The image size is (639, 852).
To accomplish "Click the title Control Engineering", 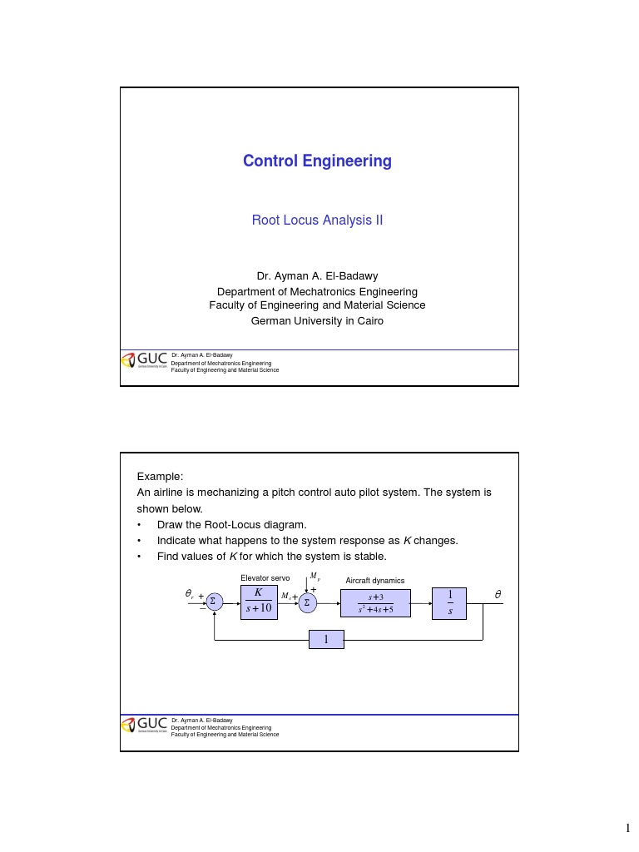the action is tap(317, 161).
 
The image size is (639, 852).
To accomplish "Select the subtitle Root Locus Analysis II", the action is tap(317, 220).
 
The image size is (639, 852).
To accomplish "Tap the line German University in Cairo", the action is tap(317, 321).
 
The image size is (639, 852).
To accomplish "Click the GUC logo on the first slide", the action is tap(144, 359).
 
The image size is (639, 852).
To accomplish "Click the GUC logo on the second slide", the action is tap(144, 725).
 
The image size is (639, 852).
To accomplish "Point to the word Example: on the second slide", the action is tap(160, 477).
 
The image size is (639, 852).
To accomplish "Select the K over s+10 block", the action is tap(260, 602).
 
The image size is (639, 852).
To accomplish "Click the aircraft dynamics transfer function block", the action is tap(375, 603).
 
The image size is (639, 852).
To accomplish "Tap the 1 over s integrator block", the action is tap(449, 603).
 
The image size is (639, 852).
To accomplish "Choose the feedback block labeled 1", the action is tap(326, 640).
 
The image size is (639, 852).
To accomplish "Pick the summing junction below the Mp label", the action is tap(308, 603).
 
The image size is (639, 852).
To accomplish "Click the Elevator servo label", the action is tap(265, 578).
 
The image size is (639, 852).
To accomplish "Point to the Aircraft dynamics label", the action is tap(375, 580).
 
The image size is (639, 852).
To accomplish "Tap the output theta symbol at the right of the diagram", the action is tap(498, 594).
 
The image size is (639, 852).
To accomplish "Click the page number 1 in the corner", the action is tap(627, 828).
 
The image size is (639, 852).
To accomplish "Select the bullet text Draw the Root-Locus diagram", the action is tap(232, 525).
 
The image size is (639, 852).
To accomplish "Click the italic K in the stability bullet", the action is tap(233, 557).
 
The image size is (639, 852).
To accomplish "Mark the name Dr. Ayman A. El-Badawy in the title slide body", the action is tap(317, 276).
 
